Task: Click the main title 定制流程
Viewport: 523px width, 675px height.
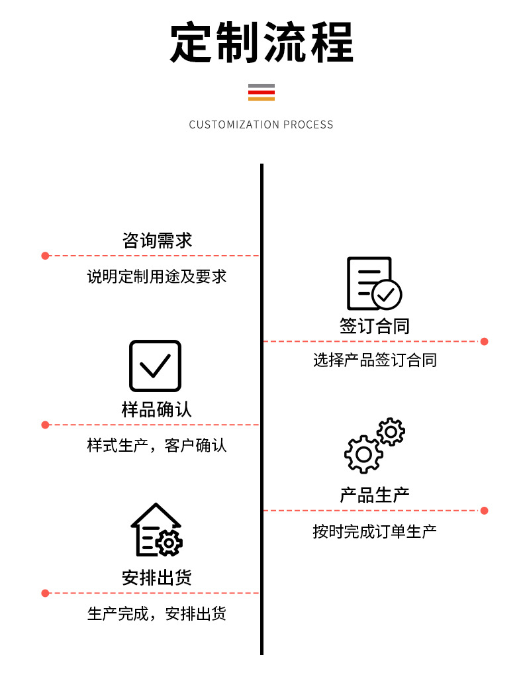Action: click(261, 43)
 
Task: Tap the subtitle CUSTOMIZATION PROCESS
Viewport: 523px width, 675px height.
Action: click(261, 125)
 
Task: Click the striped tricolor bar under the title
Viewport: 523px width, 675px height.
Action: click(261, 92)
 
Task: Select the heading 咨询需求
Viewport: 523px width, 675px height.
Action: click(157, 240)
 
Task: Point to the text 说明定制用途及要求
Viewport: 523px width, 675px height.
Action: click(157, 276)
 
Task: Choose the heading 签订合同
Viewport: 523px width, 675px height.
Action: click(375, 326)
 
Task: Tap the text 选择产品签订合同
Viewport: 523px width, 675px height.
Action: click(375, 360)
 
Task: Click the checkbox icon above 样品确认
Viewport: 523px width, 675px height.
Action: click(155, 366)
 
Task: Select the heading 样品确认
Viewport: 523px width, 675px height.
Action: click(157, 409)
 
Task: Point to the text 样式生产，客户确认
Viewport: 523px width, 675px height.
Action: click(157, 445)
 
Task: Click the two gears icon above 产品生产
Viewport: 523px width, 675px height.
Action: click(375, 445)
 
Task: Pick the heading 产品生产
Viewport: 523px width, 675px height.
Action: click(375, 495)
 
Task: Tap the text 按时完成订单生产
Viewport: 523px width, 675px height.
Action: click(375, 531)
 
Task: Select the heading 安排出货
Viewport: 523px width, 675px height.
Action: click(157, 578)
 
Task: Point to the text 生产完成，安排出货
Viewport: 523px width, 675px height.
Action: click(157, 614)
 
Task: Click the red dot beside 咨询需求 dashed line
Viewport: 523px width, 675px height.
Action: click(46, 256)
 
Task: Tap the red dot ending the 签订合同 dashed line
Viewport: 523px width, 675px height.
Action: click(484, 342)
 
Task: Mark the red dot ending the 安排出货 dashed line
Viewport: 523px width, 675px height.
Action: click(46, 593)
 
